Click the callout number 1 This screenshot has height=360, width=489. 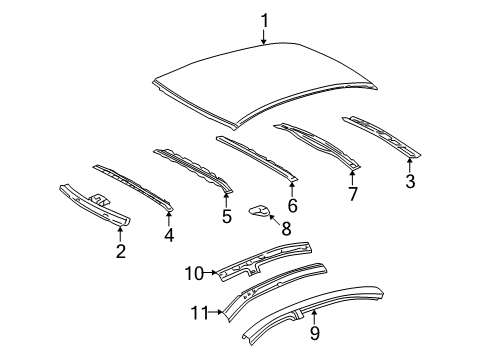264,19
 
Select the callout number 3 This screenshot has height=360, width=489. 409,180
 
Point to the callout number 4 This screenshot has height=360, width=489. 168,236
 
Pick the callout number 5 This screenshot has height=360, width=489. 226,215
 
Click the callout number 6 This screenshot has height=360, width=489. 293,205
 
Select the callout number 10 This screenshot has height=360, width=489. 193,271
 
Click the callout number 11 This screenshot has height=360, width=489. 199,312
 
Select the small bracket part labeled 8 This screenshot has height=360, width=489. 259,238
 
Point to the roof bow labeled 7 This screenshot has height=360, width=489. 320,145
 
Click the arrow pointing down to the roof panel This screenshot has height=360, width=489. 264,37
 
